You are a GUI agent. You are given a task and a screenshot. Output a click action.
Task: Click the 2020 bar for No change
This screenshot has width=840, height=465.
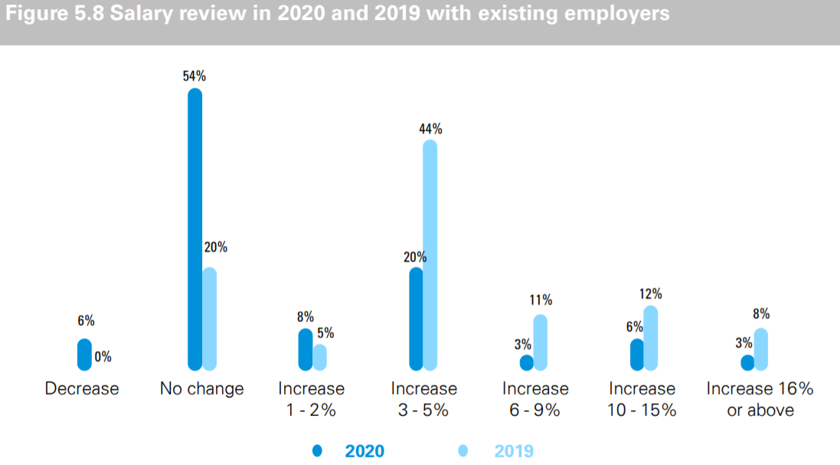(195, 229)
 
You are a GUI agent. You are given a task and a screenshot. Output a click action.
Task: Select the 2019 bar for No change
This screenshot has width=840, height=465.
(209, 319)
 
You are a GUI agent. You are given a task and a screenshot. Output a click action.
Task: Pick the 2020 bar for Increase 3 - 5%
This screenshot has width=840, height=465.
(416, 319)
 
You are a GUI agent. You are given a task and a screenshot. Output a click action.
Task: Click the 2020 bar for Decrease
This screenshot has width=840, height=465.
(84, 355)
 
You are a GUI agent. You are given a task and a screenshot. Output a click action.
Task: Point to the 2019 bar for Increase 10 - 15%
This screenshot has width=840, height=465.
(650, 338)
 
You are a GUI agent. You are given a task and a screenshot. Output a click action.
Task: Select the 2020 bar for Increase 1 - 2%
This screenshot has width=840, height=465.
(306, 349)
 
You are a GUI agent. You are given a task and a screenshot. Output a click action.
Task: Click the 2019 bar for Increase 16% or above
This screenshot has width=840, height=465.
(760, 349)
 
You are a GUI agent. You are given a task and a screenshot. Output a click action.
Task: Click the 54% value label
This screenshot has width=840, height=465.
(194, 77)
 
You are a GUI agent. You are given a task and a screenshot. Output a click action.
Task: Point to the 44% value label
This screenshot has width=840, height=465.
(430, 129)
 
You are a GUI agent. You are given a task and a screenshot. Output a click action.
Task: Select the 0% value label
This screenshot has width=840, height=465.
(103, 356)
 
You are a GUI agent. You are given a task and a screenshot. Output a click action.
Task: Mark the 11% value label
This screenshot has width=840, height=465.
(541, 300)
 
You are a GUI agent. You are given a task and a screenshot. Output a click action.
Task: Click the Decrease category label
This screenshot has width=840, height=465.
(82, 389)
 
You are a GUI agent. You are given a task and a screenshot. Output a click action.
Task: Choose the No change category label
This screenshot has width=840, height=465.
(201, 389)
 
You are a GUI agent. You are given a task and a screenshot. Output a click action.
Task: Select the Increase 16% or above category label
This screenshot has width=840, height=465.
(760, 399)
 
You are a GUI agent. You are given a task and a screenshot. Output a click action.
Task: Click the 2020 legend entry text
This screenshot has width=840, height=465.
(364, 451)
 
